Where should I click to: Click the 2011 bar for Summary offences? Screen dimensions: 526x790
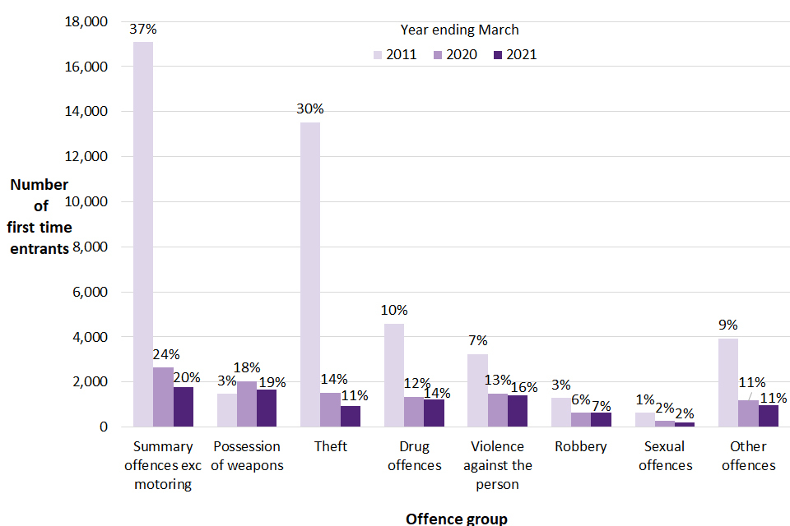pyautogui.click(x=143, y=234)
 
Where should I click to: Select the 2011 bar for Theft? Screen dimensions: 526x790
pyautogui.click(x=310, y=275)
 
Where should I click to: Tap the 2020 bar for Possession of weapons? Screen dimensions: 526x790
pyautogui.click(x=247, y=404)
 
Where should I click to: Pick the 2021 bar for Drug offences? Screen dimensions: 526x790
pyautogui.click(x=434, y=413)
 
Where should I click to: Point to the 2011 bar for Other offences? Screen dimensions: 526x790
pyautogui.click(x=727, y=382)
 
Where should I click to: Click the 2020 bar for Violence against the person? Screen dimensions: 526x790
pyautogui.click(x=497, y=410)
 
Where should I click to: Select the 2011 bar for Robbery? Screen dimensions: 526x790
pyautogui.click(x=560, y=412)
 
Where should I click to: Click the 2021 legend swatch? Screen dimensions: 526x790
pyautogui.click(x=496, y=55)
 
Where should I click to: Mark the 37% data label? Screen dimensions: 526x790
pyautogui.click(x=143, y=29)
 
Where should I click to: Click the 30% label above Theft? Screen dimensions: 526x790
pyautogui.click(x=310, y=109)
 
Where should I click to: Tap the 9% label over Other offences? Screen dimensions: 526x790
pyautogui.click(x=727, y=325)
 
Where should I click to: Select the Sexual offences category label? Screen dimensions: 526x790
pyautogui.click(x=666, y=456)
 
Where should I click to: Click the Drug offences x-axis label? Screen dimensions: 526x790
pyautogui.click(x=414, y=456)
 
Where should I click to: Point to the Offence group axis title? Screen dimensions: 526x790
pyautogui.click(x=457, y=518)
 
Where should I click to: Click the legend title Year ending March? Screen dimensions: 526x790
pyautogui.click(x=459, y=30)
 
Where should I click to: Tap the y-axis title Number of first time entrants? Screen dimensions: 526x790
pyautogui.click(x=40, y=216)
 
